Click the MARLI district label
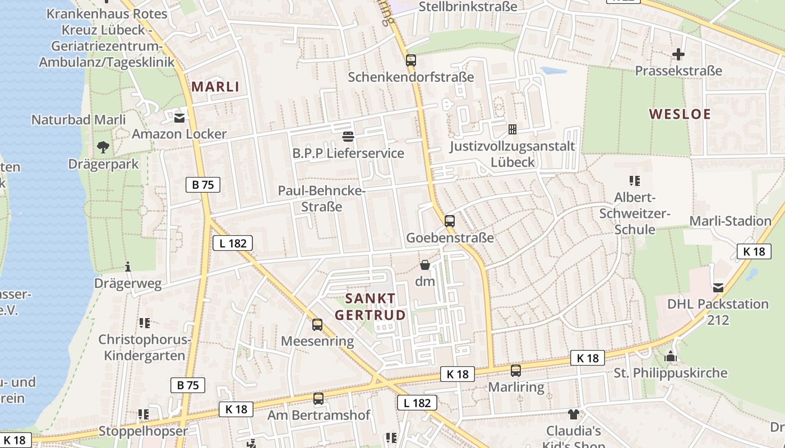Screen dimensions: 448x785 (x=215, y=87)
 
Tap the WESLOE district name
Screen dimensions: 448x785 (x=680, y=114)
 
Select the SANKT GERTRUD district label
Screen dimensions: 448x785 (x=370, y=306)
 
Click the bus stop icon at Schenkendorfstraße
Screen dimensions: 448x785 (x=411, y=60)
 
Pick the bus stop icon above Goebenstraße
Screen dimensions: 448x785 (x=450, y=221)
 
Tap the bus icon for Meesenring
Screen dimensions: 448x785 (x=317, y=324)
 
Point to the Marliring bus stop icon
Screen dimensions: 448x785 (x=516, y=370)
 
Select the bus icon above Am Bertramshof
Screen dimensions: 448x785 (x=318, y=399)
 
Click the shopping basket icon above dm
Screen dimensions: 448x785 (x=425, y=265)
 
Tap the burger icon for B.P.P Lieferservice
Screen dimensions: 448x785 (x=348, y=137)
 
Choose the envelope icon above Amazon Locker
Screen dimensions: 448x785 (x=179, y=118)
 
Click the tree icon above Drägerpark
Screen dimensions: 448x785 (x=103, y=147)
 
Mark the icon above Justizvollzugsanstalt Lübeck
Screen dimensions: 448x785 (x=512, y=129)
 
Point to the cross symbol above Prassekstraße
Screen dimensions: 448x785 (x=678, y=54)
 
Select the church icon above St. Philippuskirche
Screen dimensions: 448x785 (x=671, y=356)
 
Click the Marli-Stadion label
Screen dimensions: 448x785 (x=730, y=221)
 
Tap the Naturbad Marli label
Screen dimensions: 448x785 (x=78, y=120)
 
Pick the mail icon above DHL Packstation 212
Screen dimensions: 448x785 (x=718, y=288)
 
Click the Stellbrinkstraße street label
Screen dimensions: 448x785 (x=468, y=7)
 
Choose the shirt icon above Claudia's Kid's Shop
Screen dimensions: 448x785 (x=573, y=414)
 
